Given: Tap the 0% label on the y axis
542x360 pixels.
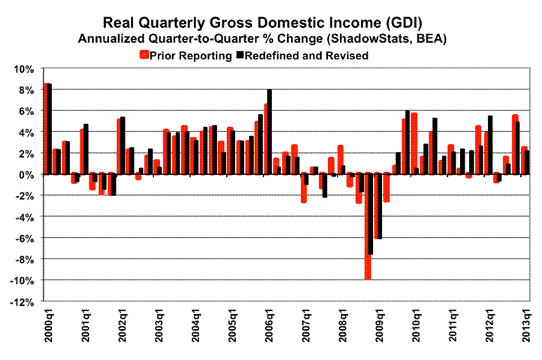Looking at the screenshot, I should [x=26, y=174].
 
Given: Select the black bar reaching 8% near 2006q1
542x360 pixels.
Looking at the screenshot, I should [x=270, y=132].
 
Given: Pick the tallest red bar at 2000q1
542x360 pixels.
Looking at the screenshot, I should [x=46, y=129].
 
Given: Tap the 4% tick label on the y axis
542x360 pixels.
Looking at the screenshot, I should [x=26, y=132].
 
